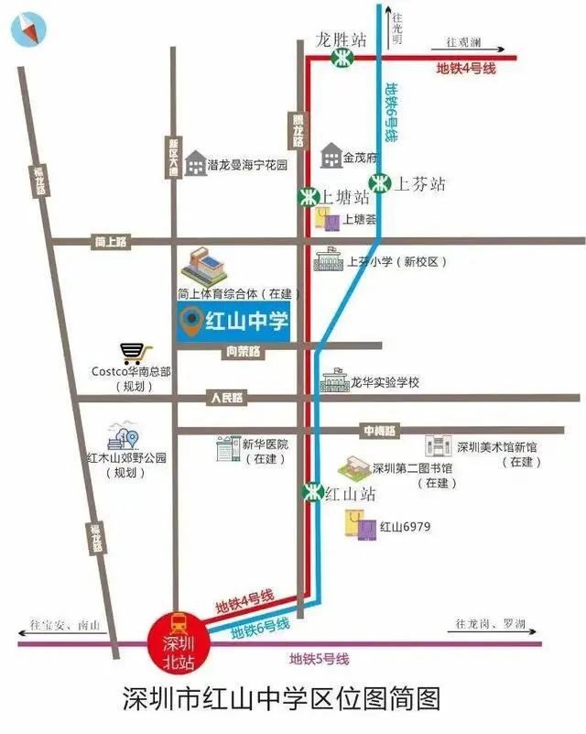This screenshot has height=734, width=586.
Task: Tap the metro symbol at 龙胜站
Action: [x=340, y=58]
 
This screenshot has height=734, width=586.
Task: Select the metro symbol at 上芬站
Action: [x=379, y=182]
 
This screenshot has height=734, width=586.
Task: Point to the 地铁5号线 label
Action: [x=319, y=659]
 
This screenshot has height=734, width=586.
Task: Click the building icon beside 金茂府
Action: [x=331, y=157]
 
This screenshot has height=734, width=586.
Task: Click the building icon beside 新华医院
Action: [x=226, y=448]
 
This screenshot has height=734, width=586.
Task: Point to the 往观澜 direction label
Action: [x=463, y=42]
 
